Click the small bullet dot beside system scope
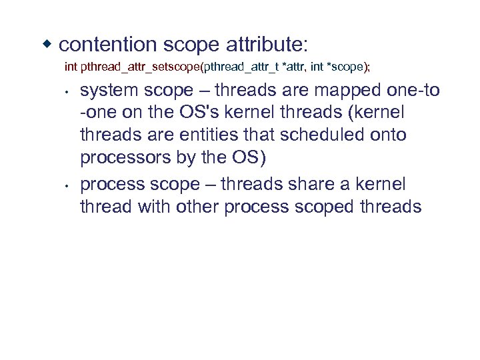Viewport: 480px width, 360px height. (x=68, y=91)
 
